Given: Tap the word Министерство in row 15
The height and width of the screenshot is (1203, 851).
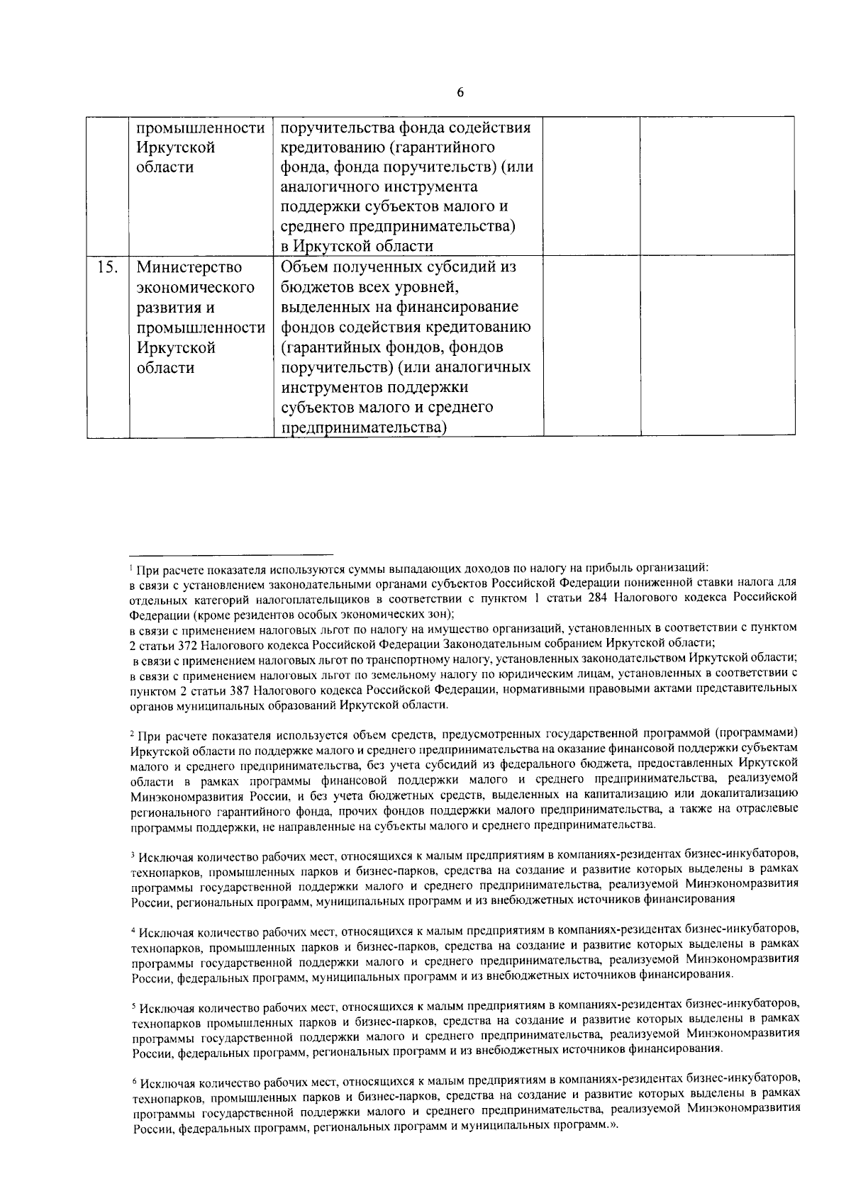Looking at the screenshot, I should point(189,269).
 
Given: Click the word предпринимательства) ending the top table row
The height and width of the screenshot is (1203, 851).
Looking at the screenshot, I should point(398,227).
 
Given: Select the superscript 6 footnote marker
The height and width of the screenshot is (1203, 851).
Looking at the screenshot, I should point(133,1081).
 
